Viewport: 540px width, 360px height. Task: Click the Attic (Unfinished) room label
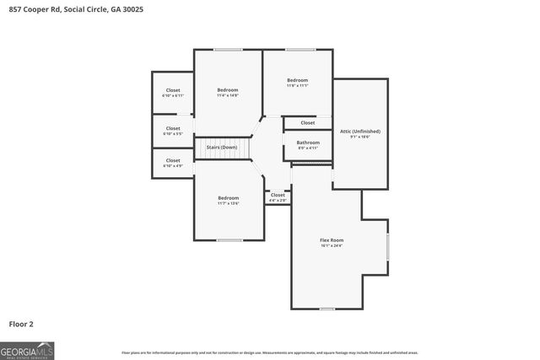(360, 132)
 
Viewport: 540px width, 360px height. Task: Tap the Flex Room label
(332, 240)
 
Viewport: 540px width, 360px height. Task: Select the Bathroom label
(308, 142)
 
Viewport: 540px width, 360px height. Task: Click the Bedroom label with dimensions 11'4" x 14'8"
(228, 90)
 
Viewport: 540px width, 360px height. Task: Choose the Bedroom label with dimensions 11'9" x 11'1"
(297, 80)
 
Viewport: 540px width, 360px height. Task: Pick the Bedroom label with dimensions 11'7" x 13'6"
(228, 198)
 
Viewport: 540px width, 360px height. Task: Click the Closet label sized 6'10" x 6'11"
(173, 90)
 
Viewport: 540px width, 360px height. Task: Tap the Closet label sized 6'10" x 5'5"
(173, 128)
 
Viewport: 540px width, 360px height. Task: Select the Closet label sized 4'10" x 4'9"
(173, 160)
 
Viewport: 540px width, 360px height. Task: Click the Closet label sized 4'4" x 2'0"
(278, 195)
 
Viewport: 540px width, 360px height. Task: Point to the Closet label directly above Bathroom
(308, 123)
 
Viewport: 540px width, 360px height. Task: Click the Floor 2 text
(21, 324)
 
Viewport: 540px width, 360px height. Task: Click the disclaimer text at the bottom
(270, 352)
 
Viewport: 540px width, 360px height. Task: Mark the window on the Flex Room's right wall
(387, 248)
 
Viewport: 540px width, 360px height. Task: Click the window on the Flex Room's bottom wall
(327, 309)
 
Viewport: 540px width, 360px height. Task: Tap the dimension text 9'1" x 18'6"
(360, 137)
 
